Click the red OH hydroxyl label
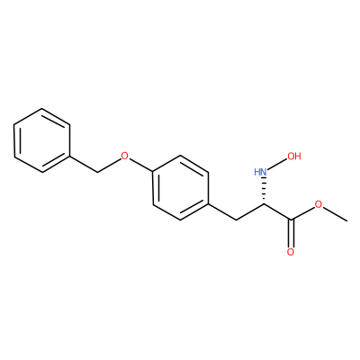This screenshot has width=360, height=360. (x=293, y=156)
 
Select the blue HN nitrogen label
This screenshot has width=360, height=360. (x=260, y=172)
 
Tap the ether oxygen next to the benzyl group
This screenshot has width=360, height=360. (x=124, y=156)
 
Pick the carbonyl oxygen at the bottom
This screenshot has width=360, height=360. (x=291, y=252)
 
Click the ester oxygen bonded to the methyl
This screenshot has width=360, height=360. (x=319, y=205)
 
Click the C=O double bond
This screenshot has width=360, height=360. (x=291, y=233)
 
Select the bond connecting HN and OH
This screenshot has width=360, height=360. (x=276, y=164)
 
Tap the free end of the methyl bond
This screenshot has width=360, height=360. (x=347, y=221)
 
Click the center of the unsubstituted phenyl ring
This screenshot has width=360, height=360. (x=42, y=140)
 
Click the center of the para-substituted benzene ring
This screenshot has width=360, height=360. (x=181, y=188)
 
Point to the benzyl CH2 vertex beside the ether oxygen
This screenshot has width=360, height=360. (x=97, y=172)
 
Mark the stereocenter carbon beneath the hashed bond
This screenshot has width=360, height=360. (x=264, y=204)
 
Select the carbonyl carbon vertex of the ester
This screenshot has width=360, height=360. (x=291, y=220)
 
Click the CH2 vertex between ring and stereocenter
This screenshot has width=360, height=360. (x=237, y=220)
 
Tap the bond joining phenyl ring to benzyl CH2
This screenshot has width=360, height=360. (x=84, y=165)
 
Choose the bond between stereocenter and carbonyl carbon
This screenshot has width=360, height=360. (x=277, y=212)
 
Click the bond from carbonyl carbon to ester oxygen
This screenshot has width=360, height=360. (x=302, y=213)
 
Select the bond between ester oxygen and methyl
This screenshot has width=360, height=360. (x=335, y=214)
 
